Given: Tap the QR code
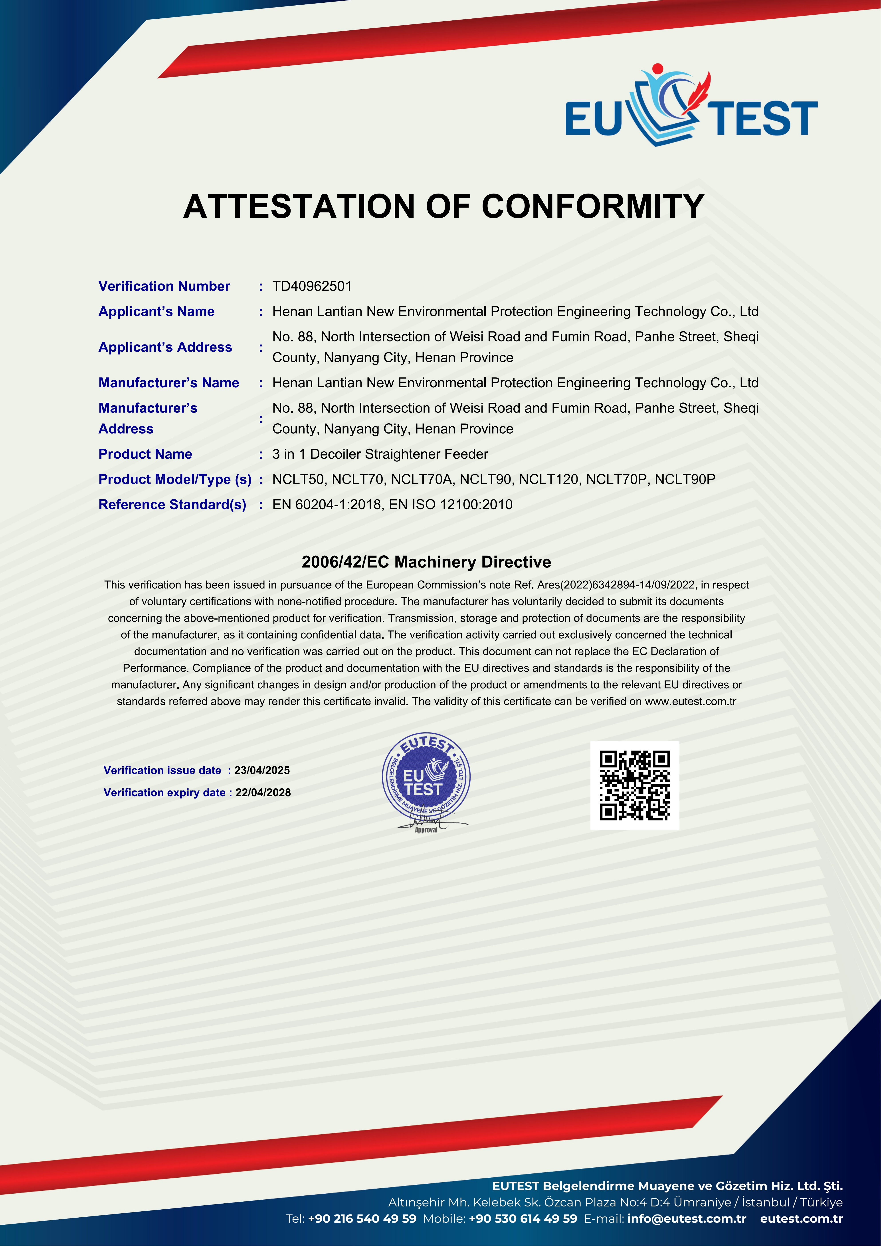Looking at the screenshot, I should pos(635,785).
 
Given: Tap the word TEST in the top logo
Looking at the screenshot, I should pos(765,118).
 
